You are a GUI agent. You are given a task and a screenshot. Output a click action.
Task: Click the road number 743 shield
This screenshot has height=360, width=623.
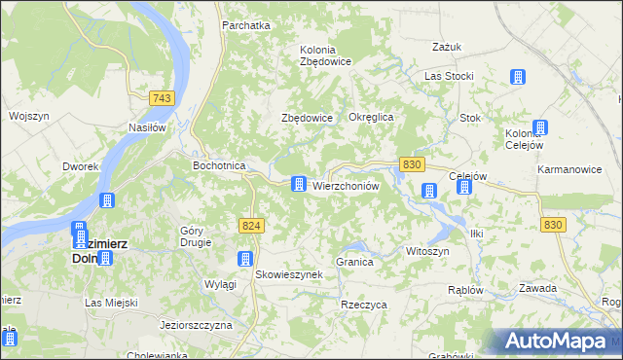coord(163,98)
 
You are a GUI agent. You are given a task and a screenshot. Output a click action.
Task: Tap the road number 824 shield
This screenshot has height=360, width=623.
coord(251,226)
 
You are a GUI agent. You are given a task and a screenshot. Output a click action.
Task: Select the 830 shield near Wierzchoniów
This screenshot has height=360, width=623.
coord(411,165)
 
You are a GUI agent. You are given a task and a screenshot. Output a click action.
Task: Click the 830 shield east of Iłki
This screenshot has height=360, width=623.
coord(553,225)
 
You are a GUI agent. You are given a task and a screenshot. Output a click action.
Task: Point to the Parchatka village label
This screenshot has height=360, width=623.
coord(245,25)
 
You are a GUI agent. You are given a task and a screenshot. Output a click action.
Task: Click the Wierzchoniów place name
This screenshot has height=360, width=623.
coord(345,185)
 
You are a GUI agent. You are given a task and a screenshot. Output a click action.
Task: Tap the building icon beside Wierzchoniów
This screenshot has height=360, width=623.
coord(299,184)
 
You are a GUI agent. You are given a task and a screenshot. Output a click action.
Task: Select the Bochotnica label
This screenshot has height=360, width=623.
coord(219,165)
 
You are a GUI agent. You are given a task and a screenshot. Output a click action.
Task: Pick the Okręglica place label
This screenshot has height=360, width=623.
coord(370,117)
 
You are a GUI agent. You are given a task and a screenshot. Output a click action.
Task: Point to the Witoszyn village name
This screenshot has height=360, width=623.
coord(427,250)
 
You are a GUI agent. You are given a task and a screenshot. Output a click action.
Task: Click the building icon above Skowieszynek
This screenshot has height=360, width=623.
coord(245,259)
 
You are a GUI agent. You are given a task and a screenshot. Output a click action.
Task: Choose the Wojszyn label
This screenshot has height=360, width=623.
coord(28,116)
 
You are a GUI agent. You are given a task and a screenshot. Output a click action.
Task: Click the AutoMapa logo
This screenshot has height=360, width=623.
coord(555,342)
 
